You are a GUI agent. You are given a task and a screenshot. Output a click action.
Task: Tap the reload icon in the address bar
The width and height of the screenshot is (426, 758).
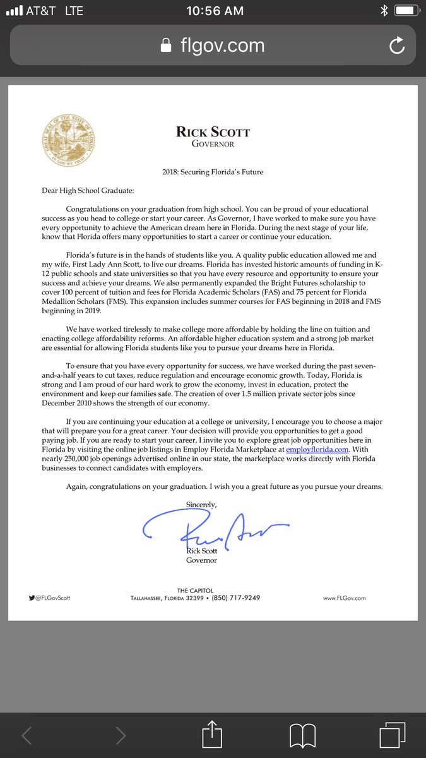tap(397, 45)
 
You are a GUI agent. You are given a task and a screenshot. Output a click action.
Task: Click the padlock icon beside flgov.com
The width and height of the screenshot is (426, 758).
tap(166, 45)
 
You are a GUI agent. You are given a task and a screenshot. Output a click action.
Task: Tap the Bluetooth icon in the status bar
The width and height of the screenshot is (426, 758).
tap(383, 11)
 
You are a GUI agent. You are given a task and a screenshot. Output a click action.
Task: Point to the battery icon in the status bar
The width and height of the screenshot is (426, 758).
tap(407, 11)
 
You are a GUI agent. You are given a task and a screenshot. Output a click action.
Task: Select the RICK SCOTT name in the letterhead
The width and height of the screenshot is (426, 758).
tap(213, 132)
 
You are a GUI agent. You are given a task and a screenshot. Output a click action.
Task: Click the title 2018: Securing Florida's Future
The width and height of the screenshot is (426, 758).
tap(213, 172)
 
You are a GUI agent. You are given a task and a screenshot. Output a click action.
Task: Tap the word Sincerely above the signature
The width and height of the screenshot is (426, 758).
tap(201, 504)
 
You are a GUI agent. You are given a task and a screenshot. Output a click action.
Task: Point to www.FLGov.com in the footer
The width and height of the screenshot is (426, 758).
tap(344, 598)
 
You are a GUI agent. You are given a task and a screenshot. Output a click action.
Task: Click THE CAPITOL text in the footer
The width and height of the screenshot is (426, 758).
tap(195, 591)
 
